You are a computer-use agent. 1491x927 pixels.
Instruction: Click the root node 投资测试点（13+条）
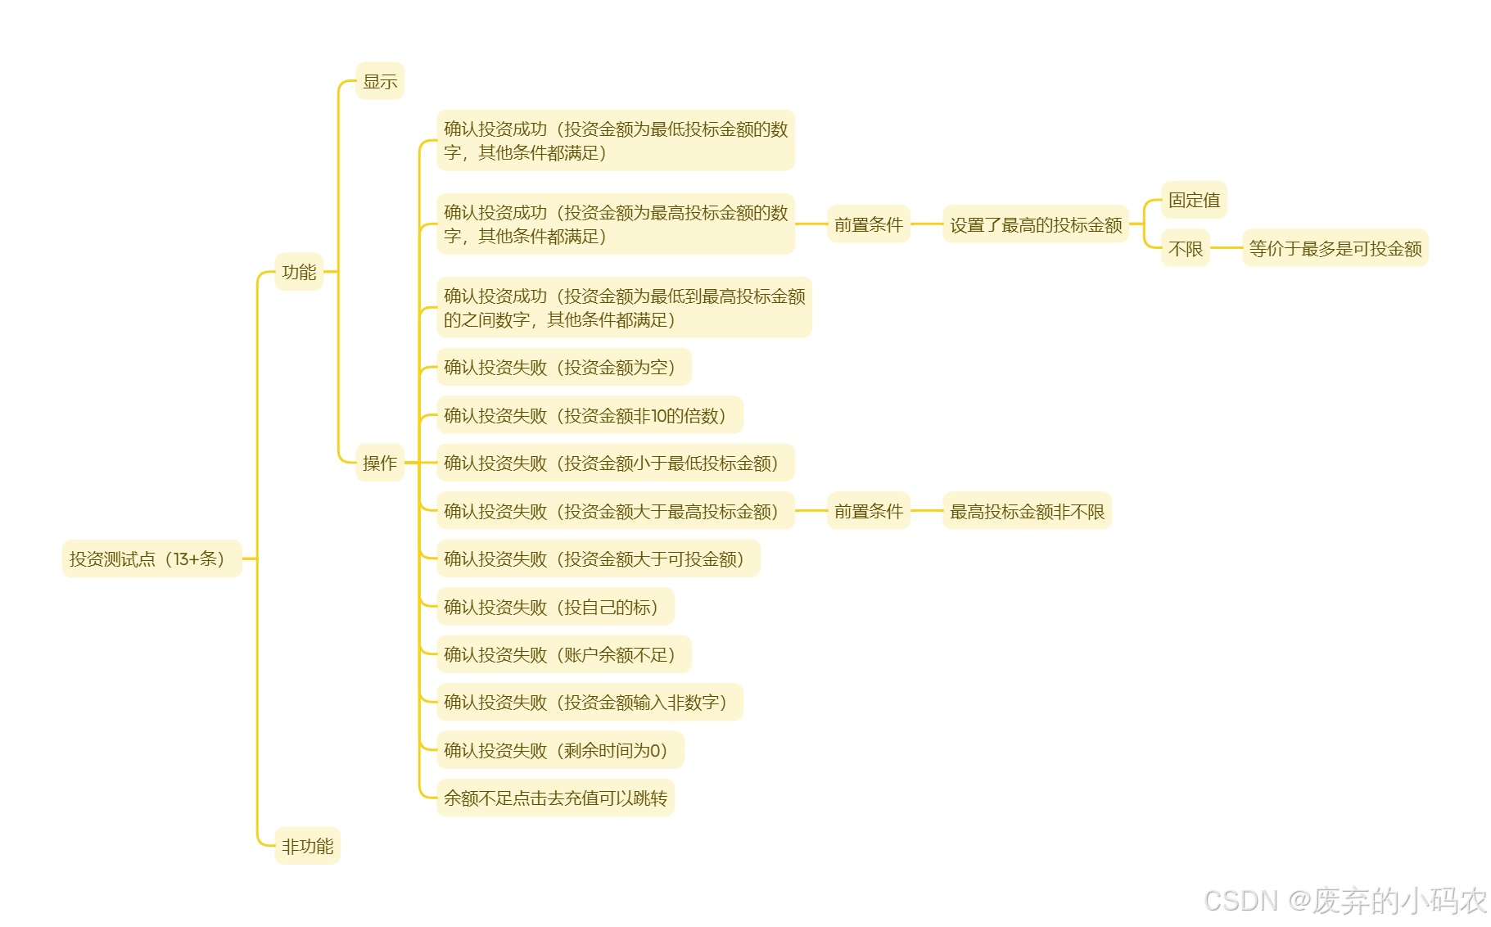[x=151, y=558]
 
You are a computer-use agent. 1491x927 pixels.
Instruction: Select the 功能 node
[x=299, y=272]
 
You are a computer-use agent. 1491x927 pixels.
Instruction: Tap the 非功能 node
[x=307, y=846]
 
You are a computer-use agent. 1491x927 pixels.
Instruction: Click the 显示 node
[x=380, y=81]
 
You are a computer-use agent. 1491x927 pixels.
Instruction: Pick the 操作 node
[x=380, y=463]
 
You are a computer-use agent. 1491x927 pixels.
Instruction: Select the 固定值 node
[x=1194, y=200]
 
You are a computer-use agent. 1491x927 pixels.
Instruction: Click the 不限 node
[x=1185, y=248]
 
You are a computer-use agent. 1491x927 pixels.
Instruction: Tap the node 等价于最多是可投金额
[x=1335, y=248]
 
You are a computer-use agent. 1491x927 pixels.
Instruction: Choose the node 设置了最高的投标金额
[x=1036, y=224]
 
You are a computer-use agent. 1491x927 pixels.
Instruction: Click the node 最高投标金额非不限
[x=1027, y=511]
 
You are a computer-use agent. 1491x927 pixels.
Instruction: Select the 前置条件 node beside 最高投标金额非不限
[x=868, y=511]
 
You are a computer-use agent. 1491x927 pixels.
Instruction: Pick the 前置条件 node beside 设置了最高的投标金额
[x=868, y=224]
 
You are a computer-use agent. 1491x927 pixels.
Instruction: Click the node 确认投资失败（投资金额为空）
[x=563, y=367]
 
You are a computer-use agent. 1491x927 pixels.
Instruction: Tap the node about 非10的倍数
[x=589, y=415]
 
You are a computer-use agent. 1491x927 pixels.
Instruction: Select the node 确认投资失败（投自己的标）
[x=554, y=607]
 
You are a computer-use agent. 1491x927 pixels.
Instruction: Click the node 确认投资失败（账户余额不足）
[x=563, y=654]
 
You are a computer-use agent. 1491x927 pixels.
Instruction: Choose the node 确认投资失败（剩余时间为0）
[x=559, y=750]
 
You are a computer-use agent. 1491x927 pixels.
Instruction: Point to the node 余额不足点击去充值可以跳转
[x=555, y=798]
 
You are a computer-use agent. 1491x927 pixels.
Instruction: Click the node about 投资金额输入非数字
[x=589, y=702]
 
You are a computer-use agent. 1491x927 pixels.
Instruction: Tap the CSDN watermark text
[x=1344, y=900]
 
